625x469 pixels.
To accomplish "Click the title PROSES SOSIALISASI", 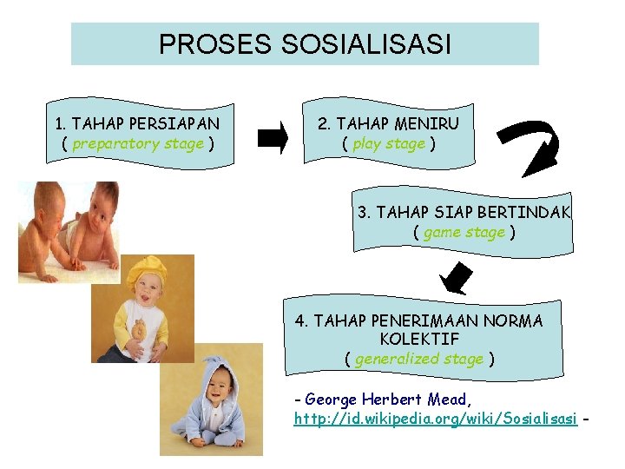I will pyautogui.click(x=305, y=44).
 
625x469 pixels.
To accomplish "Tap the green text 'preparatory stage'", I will pyautogui.click(x=138, y=144).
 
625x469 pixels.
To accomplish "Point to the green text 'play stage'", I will pyautogui.click(x=389, y=144).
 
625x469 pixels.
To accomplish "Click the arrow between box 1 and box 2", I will pyautogui.click(x=273, y=137).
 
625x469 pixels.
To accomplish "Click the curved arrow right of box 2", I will pyautogui.click(x=531, y=148).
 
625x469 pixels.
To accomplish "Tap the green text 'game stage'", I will pyautogui.click(x=464, y=232).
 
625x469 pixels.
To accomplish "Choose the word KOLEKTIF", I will pyautogui.click(x=419, y=339).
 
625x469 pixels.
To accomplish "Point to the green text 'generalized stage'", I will pyautogui.click(x=419, y=359).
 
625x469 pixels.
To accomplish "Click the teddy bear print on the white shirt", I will pyautogui.click(x=139, y=331).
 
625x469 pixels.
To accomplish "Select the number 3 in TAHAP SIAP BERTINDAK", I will pyautogui.click(x=363, y=212).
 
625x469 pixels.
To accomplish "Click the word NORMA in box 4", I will pyautogui.click(x=518, y=320).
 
